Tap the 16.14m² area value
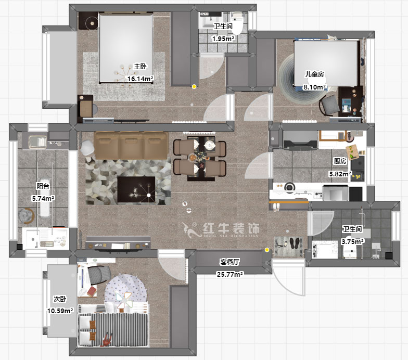coord(141,79)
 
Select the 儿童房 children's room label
coord(315,75)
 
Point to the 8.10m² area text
coord(315,87)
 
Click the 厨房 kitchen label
coord(340,161)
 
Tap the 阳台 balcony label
coord(43,186)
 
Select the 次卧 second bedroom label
coord(60,299)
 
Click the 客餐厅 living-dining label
coord(229,262)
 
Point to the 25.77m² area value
coord(229,274)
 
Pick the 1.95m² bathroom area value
coord(223,38)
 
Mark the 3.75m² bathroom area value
coord(352,241)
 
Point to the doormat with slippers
coord(288,245)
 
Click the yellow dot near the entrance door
coord(267,250)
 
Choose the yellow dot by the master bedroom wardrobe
coord(194,87)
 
